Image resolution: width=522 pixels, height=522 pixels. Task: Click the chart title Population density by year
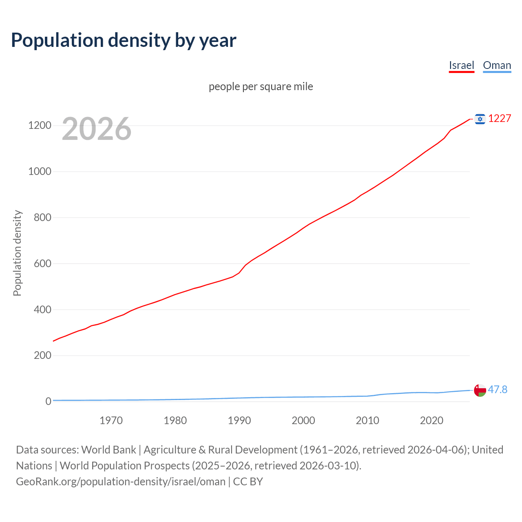124,40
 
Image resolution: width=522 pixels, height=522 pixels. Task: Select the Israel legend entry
461,65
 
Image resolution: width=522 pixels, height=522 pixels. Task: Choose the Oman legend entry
497,65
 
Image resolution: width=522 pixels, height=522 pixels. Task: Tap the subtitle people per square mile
261,86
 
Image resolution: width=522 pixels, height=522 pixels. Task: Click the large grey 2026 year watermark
97,129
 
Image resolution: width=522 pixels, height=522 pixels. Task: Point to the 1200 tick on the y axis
40,125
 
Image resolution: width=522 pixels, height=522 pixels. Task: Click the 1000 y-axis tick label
40,171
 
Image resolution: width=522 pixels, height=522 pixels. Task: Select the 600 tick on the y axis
42,263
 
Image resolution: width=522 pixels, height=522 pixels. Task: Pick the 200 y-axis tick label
42,355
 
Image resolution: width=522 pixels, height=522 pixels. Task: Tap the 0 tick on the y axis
49,401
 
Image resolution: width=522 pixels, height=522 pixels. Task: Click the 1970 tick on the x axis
111,420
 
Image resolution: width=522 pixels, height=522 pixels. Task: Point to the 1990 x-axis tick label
239,420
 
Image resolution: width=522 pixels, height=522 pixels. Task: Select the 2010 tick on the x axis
367,420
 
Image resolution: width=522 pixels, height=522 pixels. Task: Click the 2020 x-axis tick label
431,420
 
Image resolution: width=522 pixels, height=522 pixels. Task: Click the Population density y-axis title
17,253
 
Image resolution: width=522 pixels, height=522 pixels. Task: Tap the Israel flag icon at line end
480,119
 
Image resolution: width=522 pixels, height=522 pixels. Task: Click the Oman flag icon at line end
480,390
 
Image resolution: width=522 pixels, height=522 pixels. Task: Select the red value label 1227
500,118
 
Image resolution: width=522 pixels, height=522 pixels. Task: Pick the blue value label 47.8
498,389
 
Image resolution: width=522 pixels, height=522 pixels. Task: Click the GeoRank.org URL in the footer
121,481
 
